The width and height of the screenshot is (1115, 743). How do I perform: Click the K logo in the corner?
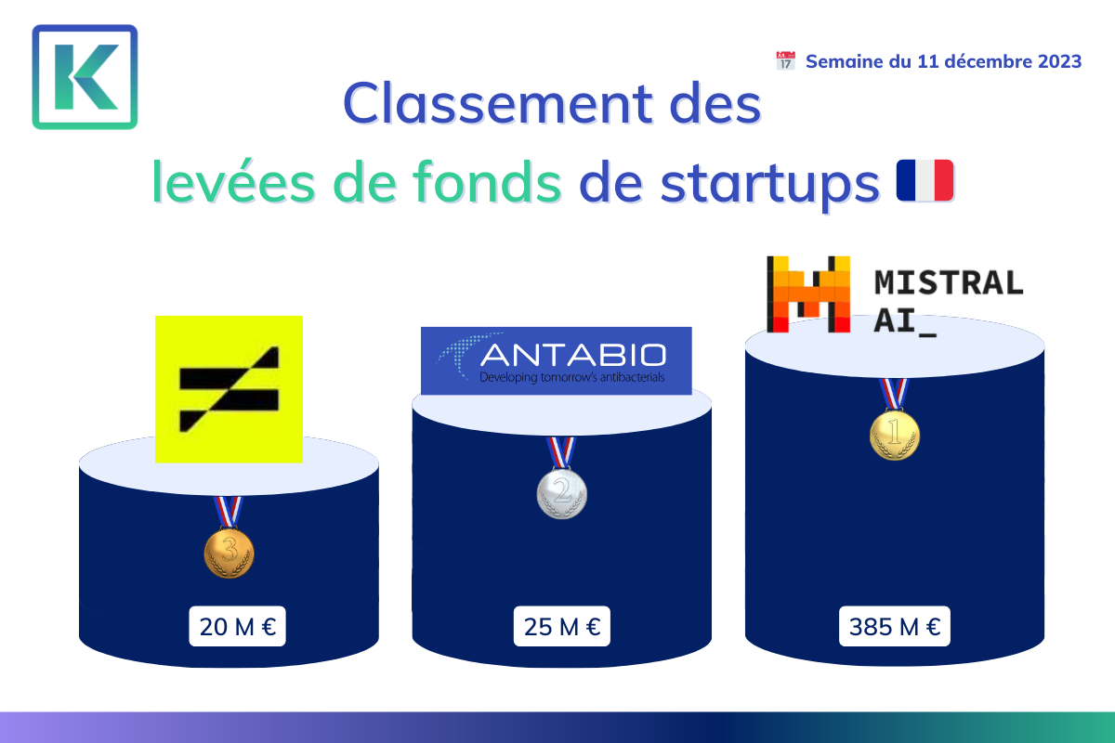click(85, 77)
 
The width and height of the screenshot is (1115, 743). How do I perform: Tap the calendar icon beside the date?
click(785, 60)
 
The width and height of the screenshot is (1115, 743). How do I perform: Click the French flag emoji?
click(925, 180)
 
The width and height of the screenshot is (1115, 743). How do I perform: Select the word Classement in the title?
click(498, 104)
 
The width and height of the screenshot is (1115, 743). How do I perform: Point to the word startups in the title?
click(770, 185)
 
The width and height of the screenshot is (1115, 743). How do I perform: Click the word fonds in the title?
click(487, 182)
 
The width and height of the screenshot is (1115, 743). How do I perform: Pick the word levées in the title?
click(233, 182)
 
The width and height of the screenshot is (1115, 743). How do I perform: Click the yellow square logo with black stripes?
click(229, 389)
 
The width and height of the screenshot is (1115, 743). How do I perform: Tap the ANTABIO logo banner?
click(556, 360)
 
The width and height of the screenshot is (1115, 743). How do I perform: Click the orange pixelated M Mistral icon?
click(808, 294)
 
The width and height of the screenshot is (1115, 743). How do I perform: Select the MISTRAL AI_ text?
click(949, 302)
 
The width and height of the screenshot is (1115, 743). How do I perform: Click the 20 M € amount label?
click(238, 626)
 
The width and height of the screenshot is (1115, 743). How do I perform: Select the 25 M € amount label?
click(562, 626)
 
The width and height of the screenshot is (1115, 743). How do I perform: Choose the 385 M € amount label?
click(895, 626)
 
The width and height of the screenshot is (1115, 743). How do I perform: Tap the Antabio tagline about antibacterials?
click(572, 377)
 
